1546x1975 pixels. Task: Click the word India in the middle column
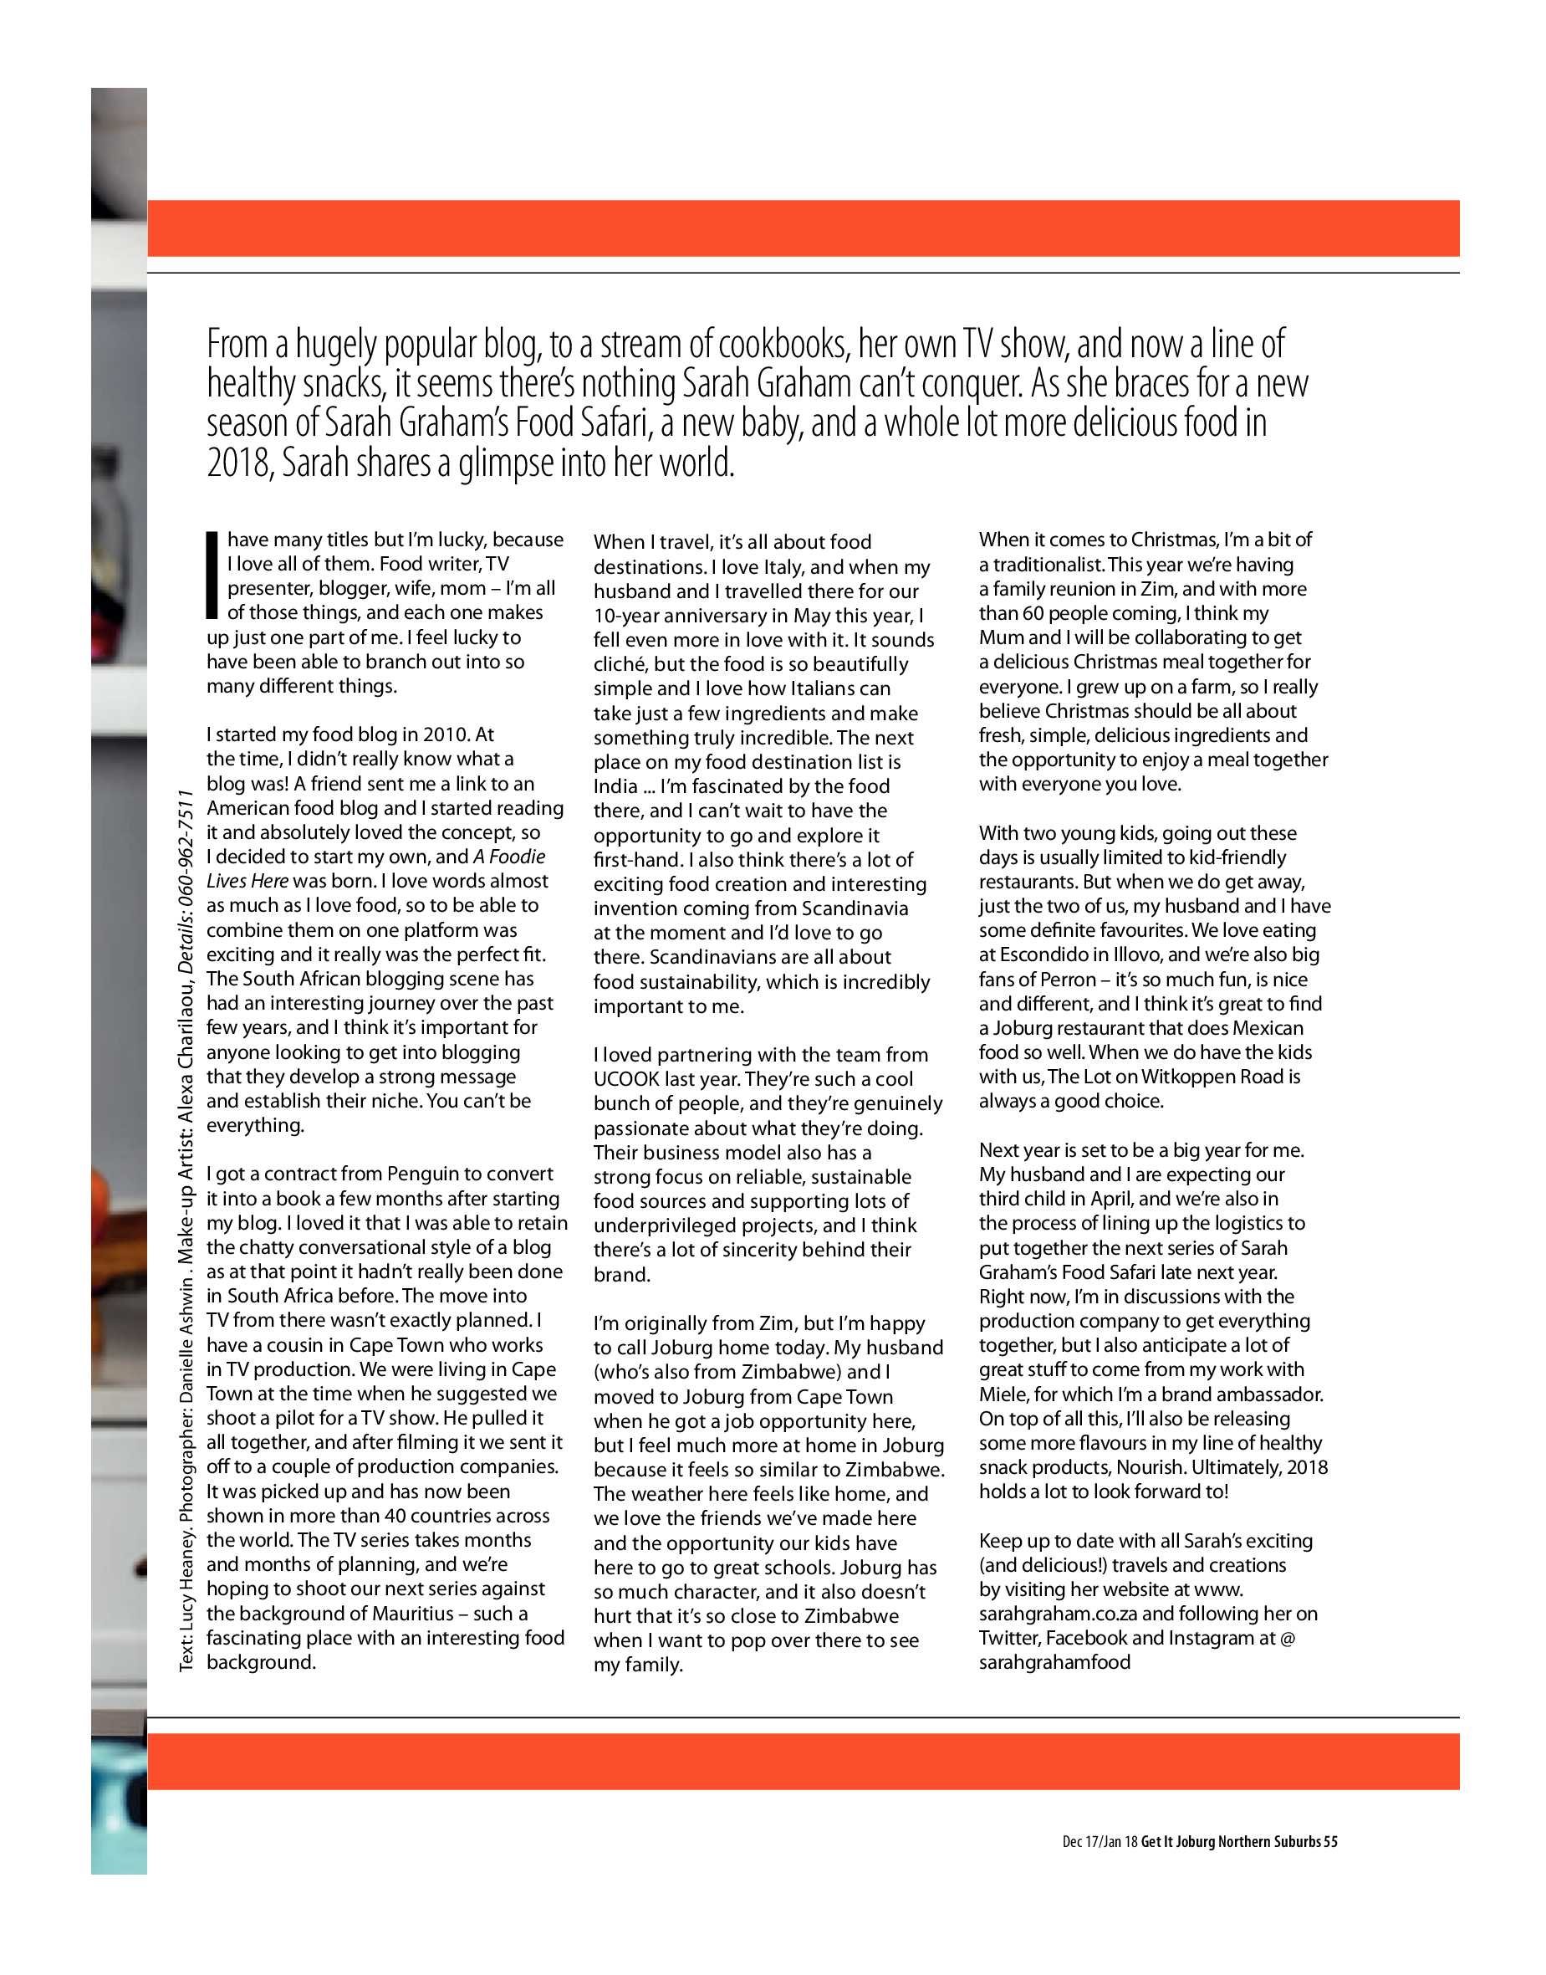615,786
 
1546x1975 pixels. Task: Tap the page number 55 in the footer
1329,1841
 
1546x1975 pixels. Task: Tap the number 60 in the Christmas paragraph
1033,613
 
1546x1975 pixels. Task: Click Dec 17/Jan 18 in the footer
1100,1841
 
